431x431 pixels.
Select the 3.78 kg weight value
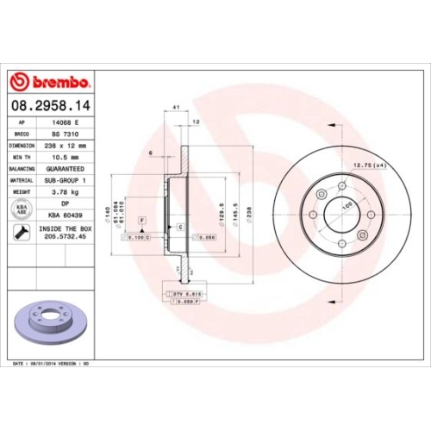(66, 191)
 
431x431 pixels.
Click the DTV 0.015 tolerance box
(178, 295)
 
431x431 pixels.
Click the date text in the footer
(52, 365)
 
